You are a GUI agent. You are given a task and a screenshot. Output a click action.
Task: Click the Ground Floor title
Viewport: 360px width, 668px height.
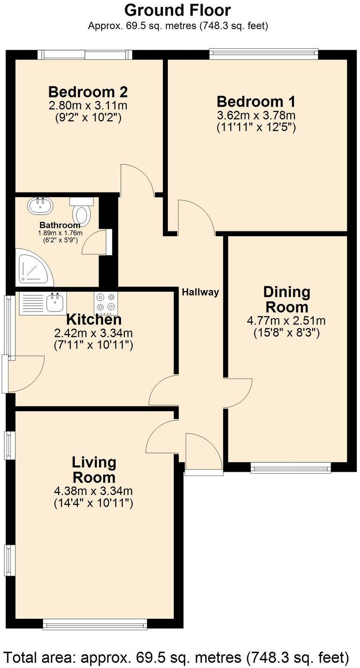[178, 10]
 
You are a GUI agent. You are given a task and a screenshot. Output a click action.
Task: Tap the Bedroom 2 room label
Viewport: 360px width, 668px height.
[88, 91]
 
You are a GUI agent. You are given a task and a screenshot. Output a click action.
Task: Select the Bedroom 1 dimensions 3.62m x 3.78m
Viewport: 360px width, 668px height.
[255, 115]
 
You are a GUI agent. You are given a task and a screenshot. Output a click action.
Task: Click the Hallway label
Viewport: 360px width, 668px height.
[201, 292]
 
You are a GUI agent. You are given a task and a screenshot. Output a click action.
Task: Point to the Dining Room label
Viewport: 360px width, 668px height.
[286, 300]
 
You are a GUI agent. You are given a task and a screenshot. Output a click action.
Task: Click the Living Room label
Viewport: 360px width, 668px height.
[94, 470]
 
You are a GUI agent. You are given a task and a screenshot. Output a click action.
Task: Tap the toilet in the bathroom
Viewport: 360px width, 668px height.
[82, 211]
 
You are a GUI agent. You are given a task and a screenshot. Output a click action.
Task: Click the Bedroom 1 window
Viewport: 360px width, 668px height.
[264, 54]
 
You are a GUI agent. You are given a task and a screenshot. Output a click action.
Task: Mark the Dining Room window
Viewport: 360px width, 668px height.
[290, 468]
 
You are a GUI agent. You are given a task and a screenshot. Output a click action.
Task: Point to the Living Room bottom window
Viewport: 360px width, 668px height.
[95, 624]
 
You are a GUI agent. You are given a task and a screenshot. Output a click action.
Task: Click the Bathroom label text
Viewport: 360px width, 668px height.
[59, 225]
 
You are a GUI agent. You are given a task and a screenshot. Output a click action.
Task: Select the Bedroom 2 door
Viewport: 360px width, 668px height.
[136, 180]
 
